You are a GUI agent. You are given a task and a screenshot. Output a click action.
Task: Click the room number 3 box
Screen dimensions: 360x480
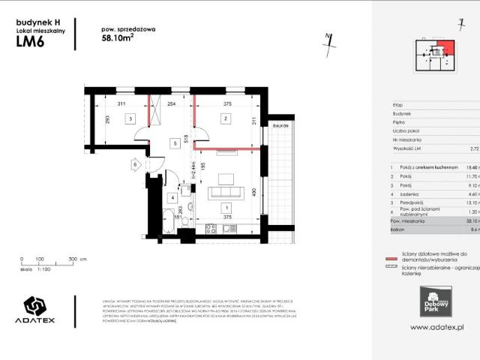pyautogui.click(x=130, y=118)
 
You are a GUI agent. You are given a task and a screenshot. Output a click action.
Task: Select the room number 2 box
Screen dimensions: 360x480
pyautogui.click(x=223, y=118)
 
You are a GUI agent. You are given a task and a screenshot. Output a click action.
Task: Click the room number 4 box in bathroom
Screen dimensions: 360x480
pyautogui.click(x=172, y=198)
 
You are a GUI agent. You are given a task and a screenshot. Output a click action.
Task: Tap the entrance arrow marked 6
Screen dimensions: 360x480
pyautogui.click(x=136, y=163)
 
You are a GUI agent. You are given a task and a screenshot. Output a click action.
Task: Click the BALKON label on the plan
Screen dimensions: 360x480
pyautogui.click(x=280, y=126)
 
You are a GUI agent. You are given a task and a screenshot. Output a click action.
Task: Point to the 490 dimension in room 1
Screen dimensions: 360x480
pyautogui.click(x=255, y=191)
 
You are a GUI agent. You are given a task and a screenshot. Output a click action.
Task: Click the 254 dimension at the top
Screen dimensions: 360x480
pyautogui.click(x=172, y=104)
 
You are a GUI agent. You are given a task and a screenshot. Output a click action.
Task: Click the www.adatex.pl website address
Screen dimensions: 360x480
pyautogui.click(x=438, y=328)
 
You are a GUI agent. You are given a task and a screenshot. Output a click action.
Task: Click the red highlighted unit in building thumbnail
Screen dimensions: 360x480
pyautogui.click(x=449, y=48)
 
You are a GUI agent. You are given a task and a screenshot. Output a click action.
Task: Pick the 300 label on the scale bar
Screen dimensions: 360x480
pyautogui.click(x=73, y=259)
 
